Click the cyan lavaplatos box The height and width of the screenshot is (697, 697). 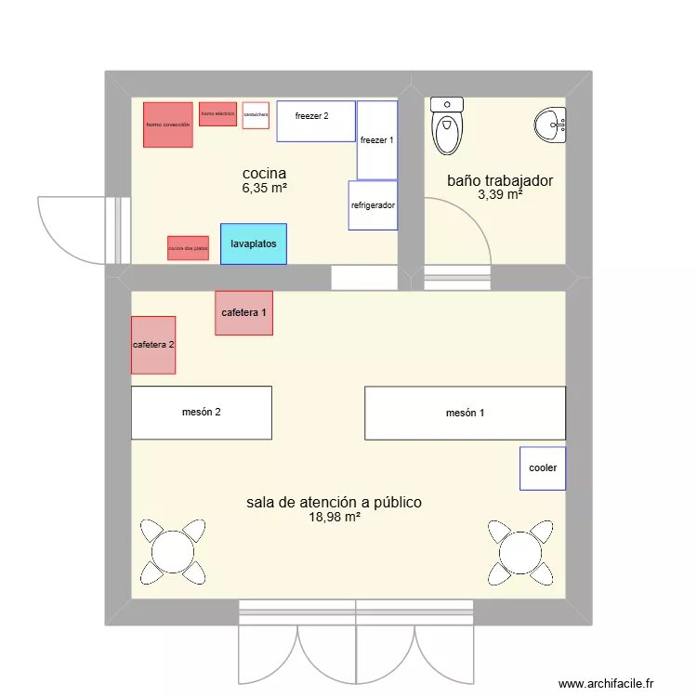pos(253,243)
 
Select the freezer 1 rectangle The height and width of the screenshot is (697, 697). pos(377,140)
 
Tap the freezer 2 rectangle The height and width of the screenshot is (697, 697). pos(316,121)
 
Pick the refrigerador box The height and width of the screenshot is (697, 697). pos(373,205)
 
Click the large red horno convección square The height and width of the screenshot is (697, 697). pos(167,125)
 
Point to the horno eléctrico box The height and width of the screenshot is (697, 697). pos(217,114)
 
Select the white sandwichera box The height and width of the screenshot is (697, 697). pos(256,115)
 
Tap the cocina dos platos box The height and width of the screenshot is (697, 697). pos(188,248)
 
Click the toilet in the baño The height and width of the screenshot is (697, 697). pos(448,127)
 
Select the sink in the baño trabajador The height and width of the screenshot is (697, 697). pos(551,125)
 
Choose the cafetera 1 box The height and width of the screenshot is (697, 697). pos(243,313)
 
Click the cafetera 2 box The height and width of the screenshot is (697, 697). pos(153,345)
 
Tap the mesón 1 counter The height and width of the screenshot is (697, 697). pos(465,413)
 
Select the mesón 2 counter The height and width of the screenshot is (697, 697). pos(201,413)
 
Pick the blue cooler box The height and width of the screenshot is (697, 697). pos(543,468)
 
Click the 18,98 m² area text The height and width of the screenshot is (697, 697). pos(334,519)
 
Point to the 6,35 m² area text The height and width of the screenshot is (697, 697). pos(264,189)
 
